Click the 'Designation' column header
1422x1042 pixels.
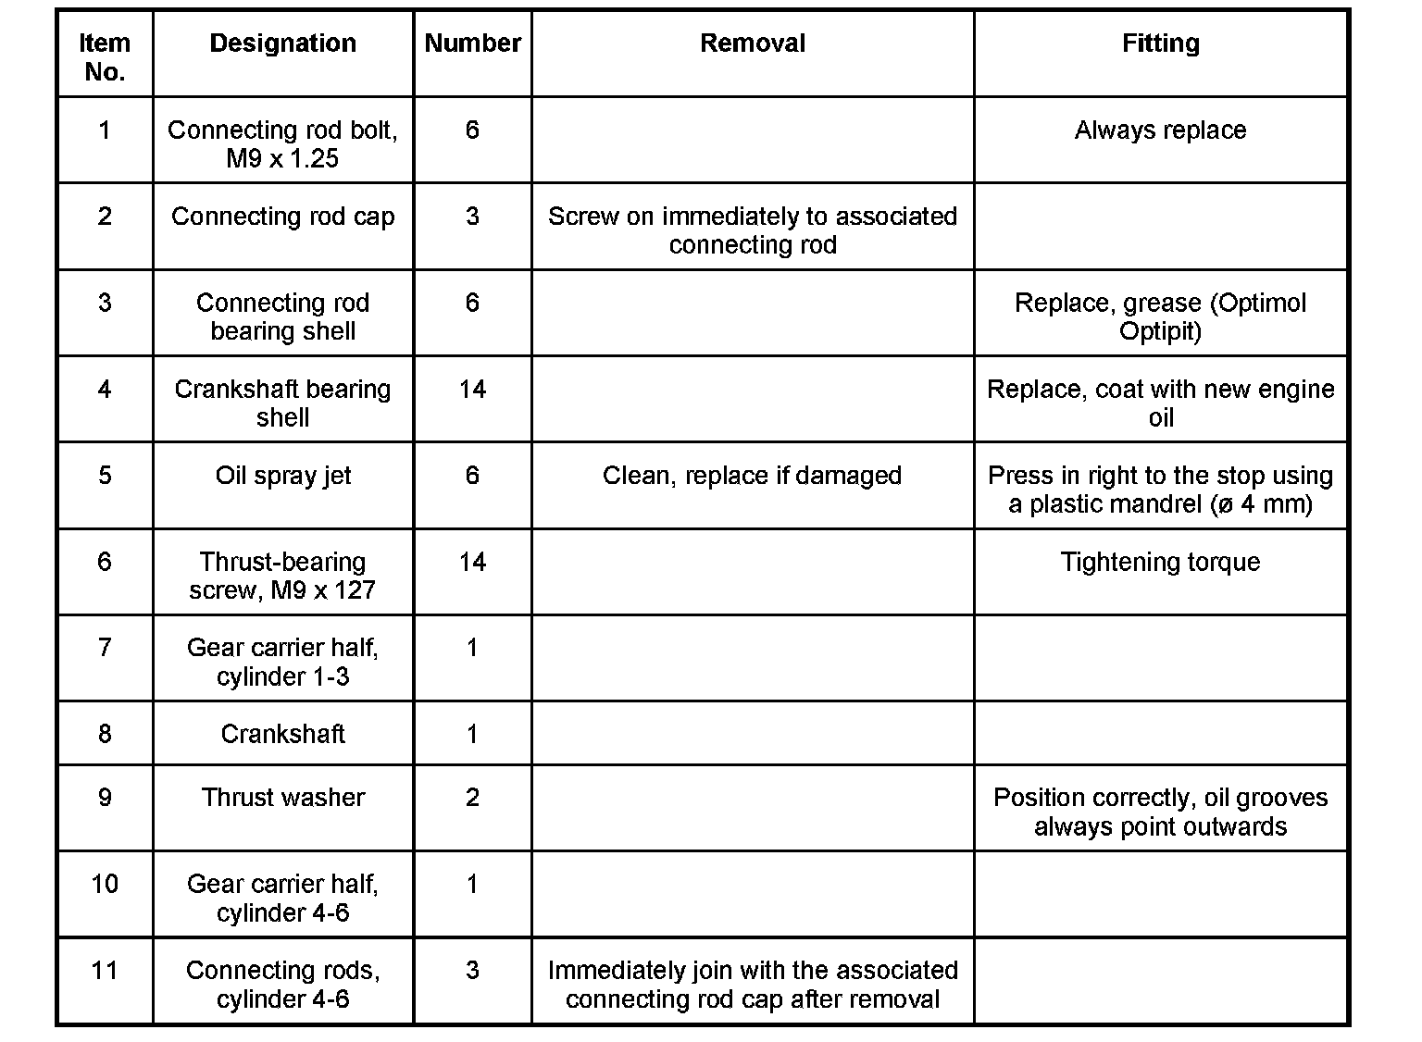(x=282, y=43)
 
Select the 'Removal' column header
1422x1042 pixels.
(x=752, y=43)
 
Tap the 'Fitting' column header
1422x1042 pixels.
(x=1160, y=43)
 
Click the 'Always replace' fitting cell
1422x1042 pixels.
(x=1160, y=130)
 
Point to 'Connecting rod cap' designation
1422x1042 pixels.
(x=282, y=217)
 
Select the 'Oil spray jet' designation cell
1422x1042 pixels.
(x=282, y=476)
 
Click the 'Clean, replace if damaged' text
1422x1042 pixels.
(x=752, y=476)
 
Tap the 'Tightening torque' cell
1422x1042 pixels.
(x=1160, y=563)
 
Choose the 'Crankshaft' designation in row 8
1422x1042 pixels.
(x=282, y=734)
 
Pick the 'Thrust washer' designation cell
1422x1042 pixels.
(x=282, y=798)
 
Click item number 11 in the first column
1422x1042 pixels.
(x=105, y=971)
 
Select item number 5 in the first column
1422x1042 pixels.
(x=105, y=476)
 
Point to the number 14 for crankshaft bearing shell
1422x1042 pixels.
(x=472, y=390)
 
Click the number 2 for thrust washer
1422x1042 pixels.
(x=472, y=798)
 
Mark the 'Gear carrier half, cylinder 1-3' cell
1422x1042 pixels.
(x=282, y=662)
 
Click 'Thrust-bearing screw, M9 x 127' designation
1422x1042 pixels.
(x=282, y=576)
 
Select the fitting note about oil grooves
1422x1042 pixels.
(x=1160, y=812)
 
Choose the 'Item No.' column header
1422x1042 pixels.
(x=105, y=57)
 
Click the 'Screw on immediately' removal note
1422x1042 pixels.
(x=752, y=230)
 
